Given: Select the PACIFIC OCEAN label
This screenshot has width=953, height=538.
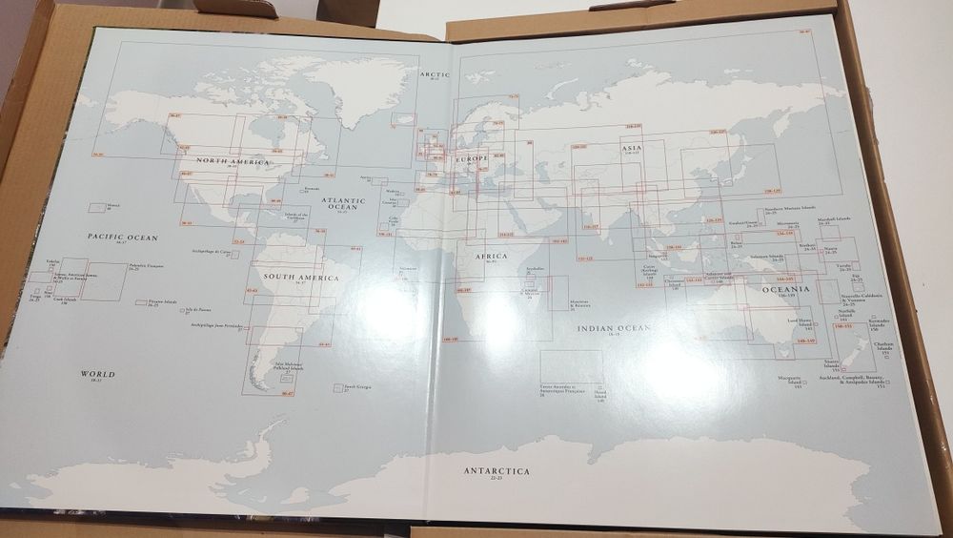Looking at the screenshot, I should tap(122, 237).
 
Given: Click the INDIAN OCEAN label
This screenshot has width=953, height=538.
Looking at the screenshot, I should tap(613, 328).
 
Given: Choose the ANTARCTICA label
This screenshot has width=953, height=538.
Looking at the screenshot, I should tap(497, 471).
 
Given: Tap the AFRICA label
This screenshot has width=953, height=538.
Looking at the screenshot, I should tap(492, 257).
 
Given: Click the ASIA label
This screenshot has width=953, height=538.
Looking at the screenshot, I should tap(632, 149).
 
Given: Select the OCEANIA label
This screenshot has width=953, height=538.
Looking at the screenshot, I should tap(785, 289).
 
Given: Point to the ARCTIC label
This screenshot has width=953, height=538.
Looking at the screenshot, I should tap(435, 74).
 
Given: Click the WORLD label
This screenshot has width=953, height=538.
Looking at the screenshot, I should tap(97, 374).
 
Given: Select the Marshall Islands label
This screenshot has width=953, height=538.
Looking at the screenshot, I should tap(836, 220).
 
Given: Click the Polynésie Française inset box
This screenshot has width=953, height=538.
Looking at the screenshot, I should tap(103, 282).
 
